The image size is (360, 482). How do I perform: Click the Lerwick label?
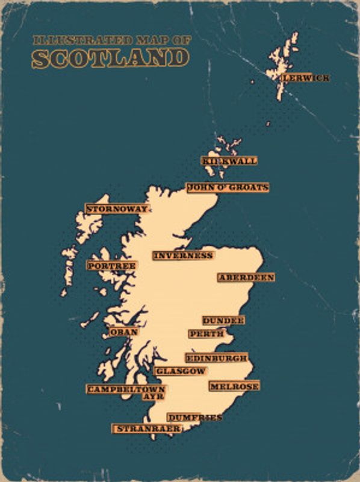pos(297,78)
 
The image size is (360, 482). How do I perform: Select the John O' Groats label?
pos(228,188)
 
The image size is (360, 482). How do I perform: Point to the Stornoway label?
pos(117,209)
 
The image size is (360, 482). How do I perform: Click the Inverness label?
pos(183,255)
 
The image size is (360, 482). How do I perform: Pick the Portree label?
pos(112,266)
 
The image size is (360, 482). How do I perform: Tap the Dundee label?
pos(223,321)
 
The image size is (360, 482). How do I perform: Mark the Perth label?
pos(207,334)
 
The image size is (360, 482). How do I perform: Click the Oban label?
pos(124,332)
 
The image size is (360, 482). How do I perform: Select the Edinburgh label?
pos(216,358)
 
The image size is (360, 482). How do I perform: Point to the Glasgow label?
pos(181,371)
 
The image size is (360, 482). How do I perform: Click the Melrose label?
pos(234,386)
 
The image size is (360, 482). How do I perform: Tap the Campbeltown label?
pos(126,389)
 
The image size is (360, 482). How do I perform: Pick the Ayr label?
pos(154,397)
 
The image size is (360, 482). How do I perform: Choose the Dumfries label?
pos(194,418)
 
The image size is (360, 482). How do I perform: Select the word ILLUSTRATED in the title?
pos(76,40)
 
